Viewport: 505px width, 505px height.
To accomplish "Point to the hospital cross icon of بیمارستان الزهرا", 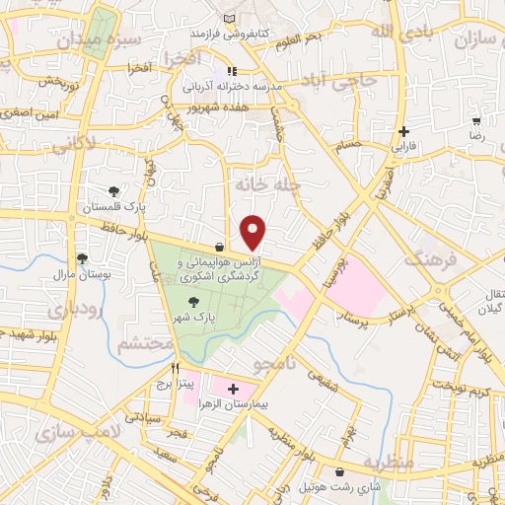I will coord(233,390).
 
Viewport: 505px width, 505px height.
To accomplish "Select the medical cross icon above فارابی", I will coord(402,131).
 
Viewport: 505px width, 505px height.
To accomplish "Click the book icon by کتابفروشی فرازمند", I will coord(230,19).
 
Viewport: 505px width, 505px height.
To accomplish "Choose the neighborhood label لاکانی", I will coord(72,145).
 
